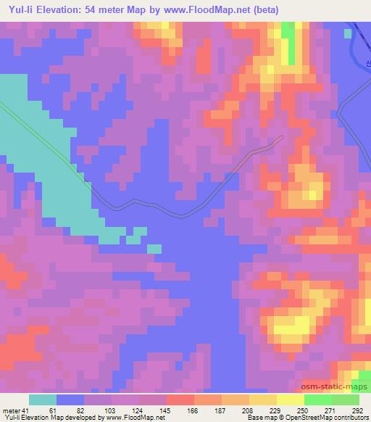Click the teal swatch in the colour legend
coord(43,400)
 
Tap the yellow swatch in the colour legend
coord(291,400)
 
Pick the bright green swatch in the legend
coord(318,400)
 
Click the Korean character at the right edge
coord(368,63)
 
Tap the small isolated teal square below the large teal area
coord(154,249)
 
